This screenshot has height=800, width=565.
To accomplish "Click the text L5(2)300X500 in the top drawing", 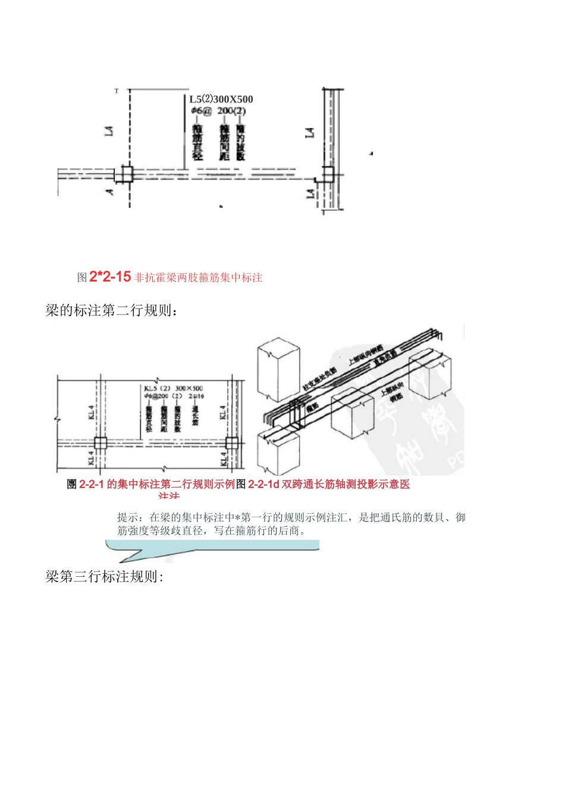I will coord(221,99).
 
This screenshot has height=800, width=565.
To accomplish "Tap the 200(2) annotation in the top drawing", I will coord(231,111).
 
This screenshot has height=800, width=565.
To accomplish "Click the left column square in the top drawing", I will coord(126,174).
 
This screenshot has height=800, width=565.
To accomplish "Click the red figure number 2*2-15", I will coord(110,277).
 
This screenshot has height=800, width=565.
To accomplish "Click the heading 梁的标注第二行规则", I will coord(112,311).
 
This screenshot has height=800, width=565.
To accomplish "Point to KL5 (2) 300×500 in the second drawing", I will coord(174,388).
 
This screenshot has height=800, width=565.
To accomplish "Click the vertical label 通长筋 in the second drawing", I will coord(194,415).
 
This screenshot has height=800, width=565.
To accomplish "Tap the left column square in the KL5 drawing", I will coord(100,443).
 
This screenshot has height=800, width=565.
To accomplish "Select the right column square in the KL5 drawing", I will coord(232,443).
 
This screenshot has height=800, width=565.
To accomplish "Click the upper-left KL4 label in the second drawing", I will coord(92,412).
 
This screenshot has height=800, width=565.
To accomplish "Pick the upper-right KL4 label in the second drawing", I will coord(223,412).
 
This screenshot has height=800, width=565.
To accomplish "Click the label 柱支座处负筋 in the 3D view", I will coord(319,379).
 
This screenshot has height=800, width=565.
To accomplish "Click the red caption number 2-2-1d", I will coord(263,485).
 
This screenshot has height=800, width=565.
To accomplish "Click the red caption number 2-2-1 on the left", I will coord(92,485).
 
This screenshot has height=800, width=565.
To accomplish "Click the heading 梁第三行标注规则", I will coord(104,577).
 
